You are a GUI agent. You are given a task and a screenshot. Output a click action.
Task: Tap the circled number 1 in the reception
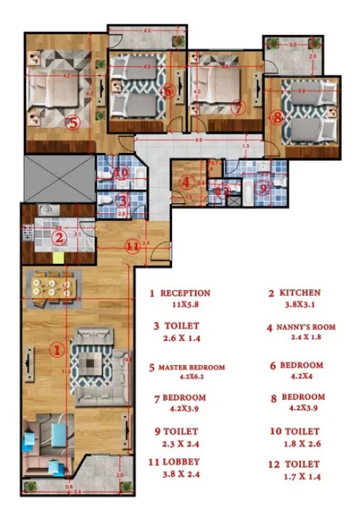pyautogui.click(x=56, y=350)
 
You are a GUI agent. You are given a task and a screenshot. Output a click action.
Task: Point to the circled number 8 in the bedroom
pyautogui.click(x=277, y=116)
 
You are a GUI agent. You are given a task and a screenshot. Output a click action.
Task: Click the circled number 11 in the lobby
pyautogui.click(x=132, y=246)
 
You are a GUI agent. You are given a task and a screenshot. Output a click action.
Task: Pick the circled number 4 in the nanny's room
pyautogui.click(x=187, y=182)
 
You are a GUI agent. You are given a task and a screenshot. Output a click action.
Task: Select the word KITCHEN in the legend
pyautogui.click(x=299, y=293)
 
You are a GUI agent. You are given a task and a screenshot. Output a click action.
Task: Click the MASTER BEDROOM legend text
pyautogui.click(x=192, y=367)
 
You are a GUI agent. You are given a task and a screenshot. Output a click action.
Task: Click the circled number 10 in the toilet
pyautogui.click(x=122, y=173)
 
